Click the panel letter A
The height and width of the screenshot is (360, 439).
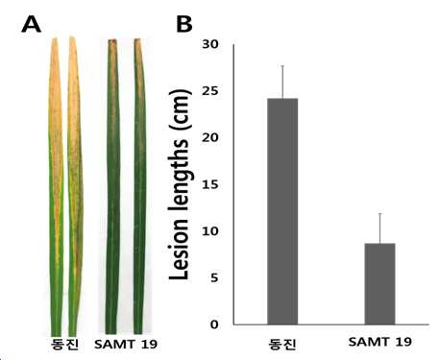click(x=32, y=24)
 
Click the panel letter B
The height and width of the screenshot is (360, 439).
click(x=184, y=24)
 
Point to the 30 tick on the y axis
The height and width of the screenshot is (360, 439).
click(x=210, y=44)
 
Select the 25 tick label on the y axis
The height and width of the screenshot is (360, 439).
click(x=210, y=91)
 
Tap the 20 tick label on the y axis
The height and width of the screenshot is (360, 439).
click(x=210, y=137)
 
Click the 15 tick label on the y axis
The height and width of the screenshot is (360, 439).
click(x=210, y=184)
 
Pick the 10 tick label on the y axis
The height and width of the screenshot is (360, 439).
click(x=210, y=231)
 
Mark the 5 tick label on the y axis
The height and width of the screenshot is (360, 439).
click(x=214, y=277)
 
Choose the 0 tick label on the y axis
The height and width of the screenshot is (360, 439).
click(x=214, y=324)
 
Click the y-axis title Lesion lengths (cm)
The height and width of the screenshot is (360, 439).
click(x=180, y=185)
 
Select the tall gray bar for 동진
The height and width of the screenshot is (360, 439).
click(x=282, y=211)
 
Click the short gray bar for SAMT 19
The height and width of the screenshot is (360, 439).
click(x=380, y=284)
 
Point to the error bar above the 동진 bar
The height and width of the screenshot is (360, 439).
click(x=282, y=82)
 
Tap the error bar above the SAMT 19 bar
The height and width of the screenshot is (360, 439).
click(x=380, y=228)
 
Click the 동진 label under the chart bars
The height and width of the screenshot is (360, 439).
click(x=282, y=344)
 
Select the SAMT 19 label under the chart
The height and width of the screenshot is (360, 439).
click(x=380, y=342)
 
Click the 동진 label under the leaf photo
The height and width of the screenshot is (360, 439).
click(x=64, y=345)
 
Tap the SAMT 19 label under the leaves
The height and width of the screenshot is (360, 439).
click(x=126, y=345)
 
